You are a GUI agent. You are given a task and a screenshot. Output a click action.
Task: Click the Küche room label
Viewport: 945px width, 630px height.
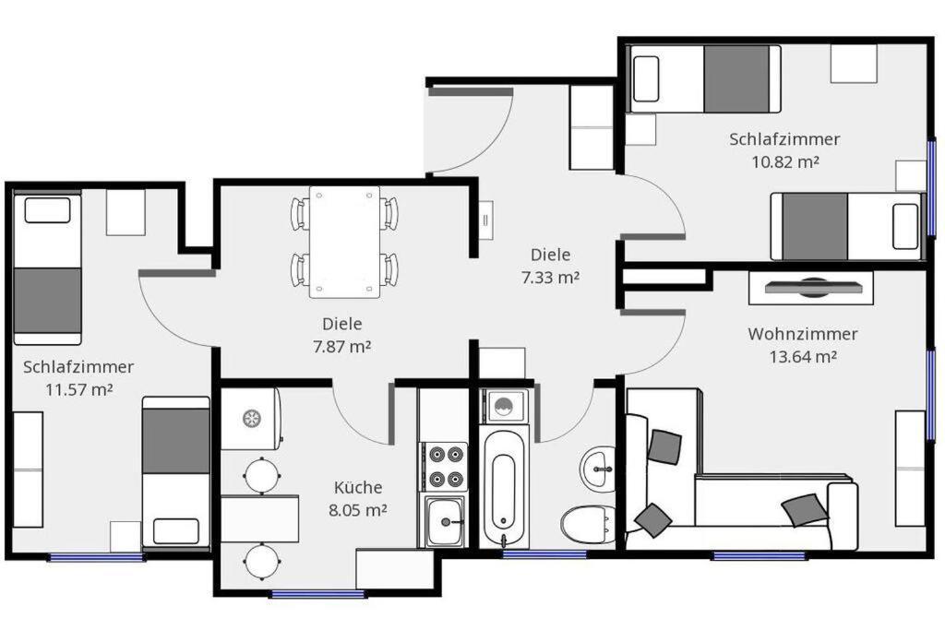click(358, 487)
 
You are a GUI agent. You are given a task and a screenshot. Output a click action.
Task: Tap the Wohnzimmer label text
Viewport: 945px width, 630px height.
click(803, 334)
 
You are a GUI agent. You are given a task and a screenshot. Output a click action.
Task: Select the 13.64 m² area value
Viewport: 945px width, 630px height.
click(803, 357)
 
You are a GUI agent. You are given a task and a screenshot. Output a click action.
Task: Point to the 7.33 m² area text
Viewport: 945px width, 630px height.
click(550, 278)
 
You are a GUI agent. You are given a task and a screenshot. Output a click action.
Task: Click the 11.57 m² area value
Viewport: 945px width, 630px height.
click(79, 389)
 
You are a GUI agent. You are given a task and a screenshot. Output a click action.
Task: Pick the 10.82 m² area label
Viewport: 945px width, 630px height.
click(785, 161)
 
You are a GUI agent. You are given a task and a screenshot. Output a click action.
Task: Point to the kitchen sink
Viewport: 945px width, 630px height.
click(445, 520)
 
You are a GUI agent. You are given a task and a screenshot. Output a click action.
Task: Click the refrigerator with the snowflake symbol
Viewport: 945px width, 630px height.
click(251, 418)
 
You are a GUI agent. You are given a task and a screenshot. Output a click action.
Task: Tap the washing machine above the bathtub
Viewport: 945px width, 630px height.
click(504, 405)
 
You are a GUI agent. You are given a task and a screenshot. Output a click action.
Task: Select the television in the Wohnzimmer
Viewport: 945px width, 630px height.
click(811, 287)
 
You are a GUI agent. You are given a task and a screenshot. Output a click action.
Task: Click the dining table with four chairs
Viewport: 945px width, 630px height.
click(345, 242)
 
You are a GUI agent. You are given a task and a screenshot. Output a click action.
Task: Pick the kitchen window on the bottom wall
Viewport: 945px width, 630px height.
click(317, 594)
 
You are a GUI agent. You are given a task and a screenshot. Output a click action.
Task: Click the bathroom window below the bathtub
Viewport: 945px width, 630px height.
click(544, 553)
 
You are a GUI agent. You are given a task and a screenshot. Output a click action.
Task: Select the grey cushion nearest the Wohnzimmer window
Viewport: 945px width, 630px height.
click(804, 510)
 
